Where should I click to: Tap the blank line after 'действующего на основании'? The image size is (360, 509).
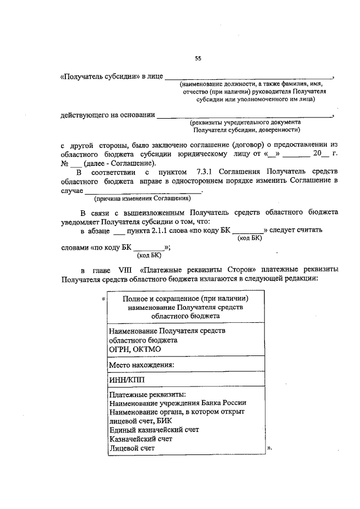244,116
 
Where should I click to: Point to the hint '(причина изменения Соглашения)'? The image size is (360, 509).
142,198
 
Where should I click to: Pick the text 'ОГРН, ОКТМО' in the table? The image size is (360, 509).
136,349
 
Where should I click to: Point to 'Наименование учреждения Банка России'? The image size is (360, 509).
178,403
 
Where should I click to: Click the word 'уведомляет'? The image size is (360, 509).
85,222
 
